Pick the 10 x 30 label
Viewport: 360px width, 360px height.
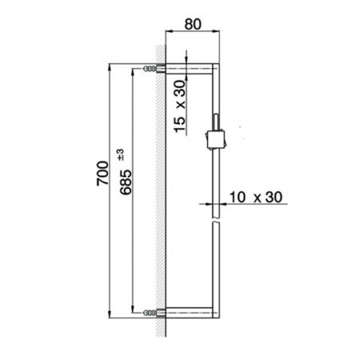click(x=254, y=196)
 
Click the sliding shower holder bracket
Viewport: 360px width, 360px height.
click(x=214, y=137)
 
